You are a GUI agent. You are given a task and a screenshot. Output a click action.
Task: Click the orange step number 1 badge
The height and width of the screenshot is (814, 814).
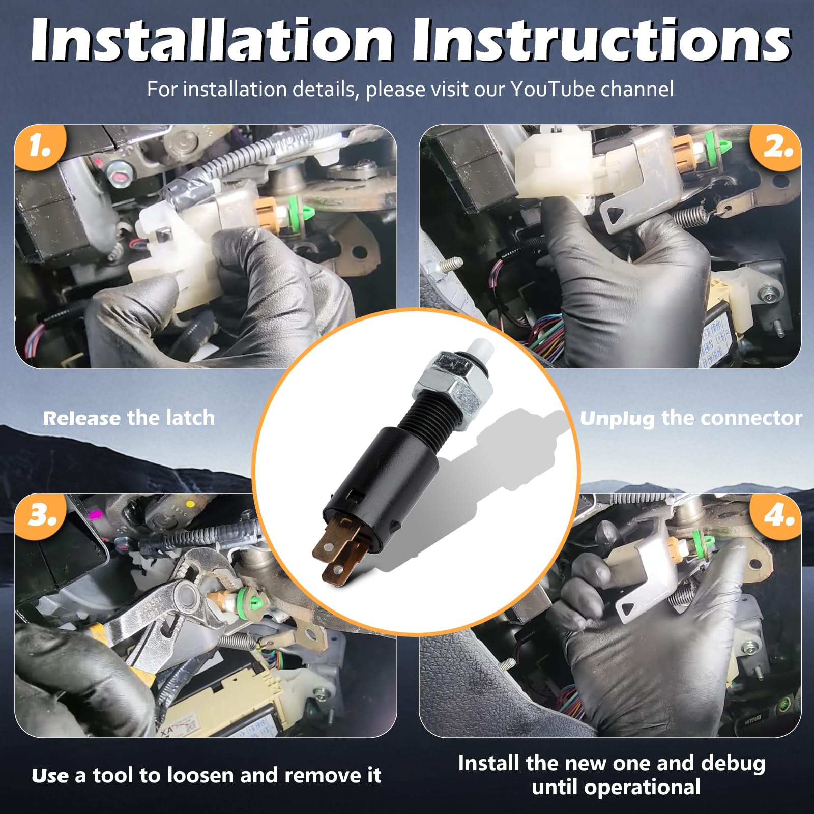click(x=40, y=148)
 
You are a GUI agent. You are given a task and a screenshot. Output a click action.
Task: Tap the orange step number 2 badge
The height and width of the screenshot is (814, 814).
click(x=776, y=148)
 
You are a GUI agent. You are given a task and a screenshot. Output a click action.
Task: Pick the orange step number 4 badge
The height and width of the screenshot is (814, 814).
click(x=776, y=516)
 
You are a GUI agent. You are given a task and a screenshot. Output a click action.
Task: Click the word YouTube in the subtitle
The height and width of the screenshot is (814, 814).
click(x=552, y=89)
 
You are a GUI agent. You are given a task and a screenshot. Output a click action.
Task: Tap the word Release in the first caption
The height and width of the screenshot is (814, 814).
click(x=82, y=418)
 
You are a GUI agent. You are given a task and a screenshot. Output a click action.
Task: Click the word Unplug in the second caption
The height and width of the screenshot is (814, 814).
click(x=617, y=419)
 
